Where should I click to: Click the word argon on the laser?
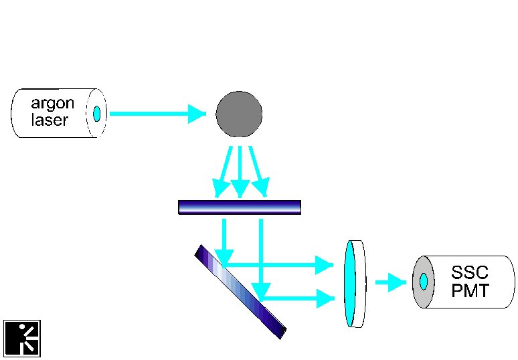pos(52,104)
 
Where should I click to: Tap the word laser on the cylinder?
pos(50,120)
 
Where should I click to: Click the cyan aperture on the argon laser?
pos(96,114)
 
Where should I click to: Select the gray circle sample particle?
pos(239,114)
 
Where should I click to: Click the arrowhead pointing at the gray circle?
pos(197,114)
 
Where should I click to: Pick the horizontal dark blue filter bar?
pos(240,207)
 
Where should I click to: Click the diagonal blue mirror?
pos(240,292)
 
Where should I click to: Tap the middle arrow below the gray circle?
pos(240,172)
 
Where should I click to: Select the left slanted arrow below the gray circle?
pos(223,172)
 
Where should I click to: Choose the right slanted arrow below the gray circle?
pos(259,172)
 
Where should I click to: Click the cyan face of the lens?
pos(349,283)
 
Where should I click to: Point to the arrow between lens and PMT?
pos(391,282)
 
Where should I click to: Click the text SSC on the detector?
pos(469,272)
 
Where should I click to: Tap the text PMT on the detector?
pos(470,290)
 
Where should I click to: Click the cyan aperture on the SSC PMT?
pos(423,282)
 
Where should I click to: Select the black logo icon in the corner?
pos(22,338)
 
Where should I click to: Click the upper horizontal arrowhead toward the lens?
pos(324,265)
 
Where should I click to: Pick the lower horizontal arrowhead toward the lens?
pos(325,298)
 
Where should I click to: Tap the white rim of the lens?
pos(361,284)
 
